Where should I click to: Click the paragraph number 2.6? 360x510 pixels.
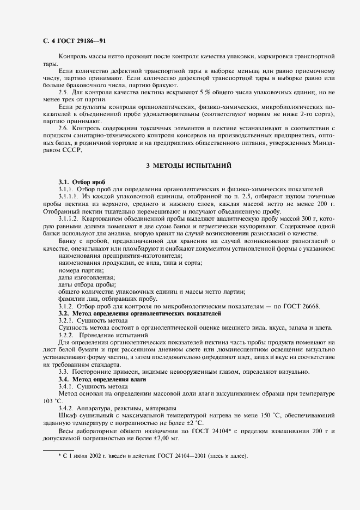tap(63, 127)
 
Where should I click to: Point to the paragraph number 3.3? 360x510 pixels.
tap(63, 372)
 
